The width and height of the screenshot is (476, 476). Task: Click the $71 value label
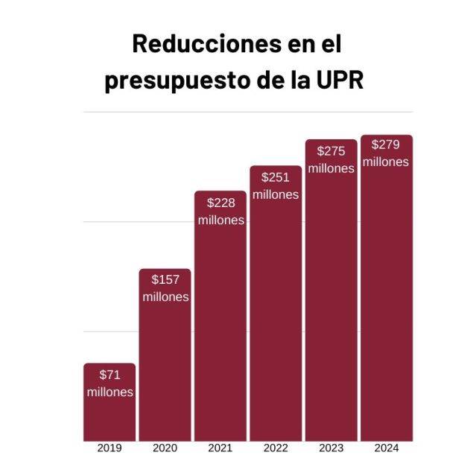110,375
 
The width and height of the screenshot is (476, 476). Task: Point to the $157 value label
165,279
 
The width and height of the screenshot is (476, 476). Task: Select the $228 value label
220,202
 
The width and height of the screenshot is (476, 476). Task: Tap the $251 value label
276,177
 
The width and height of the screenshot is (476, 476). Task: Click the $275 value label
331,150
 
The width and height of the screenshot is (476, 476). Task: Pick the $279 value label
386,145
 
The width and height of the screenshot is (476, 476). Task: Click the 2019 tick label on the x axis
110,448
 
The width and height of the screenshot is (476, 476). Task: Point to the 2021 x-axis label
220,448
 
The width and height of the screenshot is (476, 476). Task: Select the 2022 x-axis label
276,448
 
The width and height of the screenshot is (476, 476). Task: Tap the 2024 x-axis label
386,448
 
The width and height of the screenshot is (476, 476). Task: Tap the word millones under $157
165,296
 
